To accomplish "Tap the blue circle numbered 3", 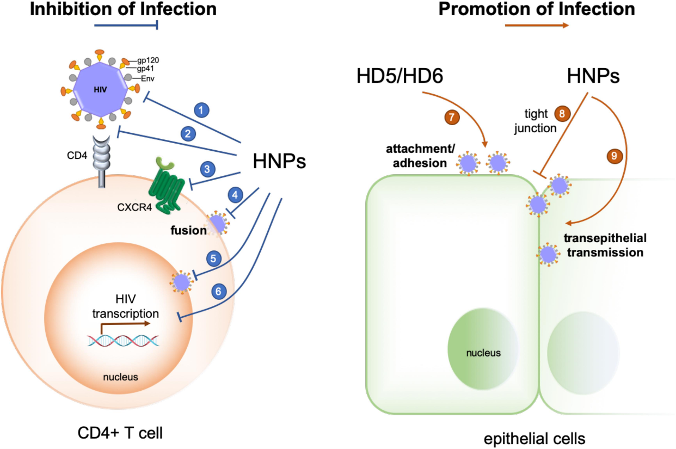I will coord(207,169).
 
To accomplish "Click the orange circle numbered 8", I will coord(562,114).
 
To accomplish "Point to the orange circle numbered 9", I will coord(614,156).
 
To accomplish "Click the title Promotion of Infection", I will coord(537,9).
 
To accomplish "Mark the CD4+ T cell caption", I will coord(120,433).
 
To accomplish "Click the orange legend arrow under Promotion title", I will coord(537,26).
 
